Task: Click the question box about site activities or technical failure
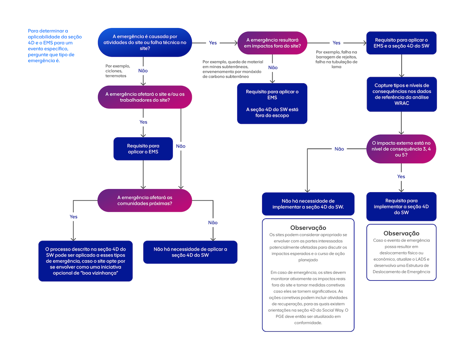145,43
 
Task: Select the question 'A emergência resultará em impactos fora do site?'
272,43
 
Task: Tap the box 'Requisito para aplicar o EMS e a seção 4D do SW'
401,43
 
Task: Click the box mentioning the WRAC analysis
401,94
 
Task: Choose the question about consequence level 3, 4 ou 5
401,149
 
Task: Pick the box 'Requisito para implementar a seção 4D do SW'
401,206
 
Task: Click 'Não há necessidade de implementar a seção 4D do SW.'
308,204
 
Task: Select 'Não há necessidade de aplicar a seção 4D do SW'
190,252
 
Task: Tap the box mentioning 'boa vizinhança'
85,261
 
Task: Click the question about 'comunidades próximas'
145,201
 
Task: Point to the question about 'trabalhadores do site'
145,97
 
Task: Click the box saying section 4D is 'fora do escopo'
272,104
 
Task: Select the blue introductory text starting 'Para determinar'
55,46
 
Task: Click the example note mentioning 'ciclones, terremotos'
117,71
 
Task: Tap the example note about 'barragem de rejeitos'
336,59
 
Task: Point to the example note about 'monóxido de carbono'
232,69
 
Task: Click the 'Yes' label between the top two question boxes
213,43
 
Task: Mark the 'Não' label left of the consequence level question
339,149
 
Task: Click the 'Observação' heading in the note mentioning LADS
401,233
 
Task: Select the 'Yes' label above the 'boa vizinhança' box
73,217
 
